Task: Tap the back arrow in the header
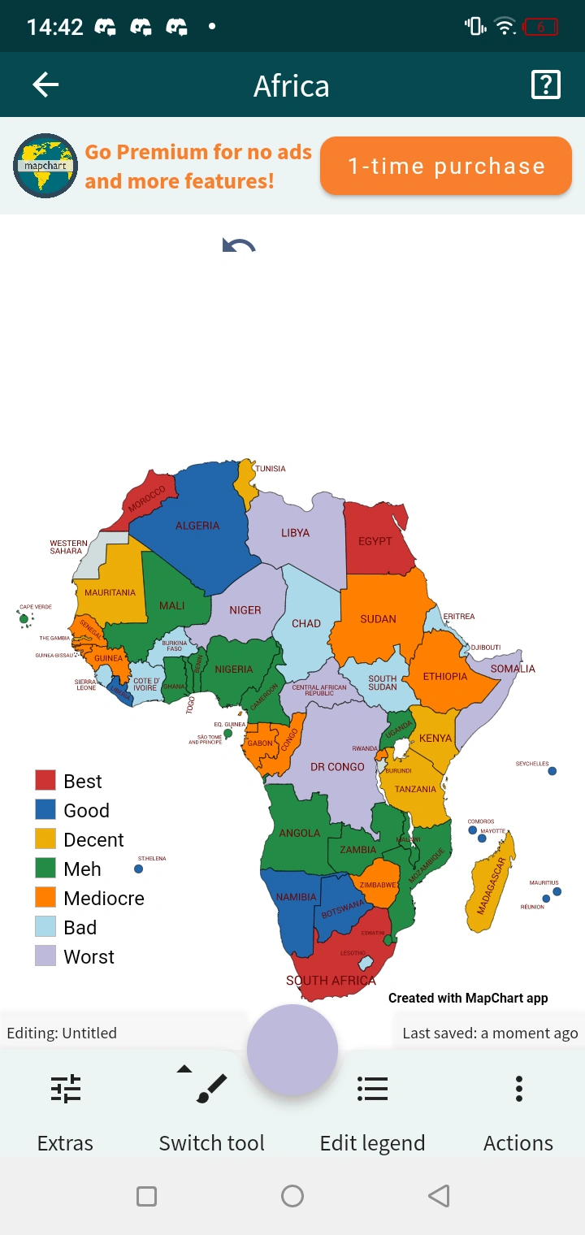[45, 85]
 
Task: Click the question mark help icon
[545, 85]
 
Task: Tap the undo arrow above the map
[239, 245]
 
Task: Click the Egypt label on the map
[375, 541]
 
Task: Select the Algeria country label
[197, 526]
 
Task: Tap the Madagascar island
[490, 886]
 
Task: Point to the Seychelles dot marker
[552, 771]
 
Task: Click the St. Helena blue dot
[139, 869]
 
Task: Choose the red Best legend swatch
[45, 781]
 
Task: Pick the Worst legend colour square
[45, 955]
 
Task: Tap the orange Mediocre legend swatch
[45, 897]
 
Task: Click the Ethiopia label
[444, 677]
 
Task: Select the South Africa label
[331, 981]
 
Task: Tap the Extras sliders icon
[65, 1089]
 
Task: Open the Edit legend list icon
[372, 1089]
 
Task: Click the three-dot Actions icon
[518, 1089]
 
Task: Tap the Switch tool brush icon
[211, 1089]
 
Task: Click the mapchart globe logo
[45, 166]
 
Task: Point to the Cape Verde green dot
[24, 620]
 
